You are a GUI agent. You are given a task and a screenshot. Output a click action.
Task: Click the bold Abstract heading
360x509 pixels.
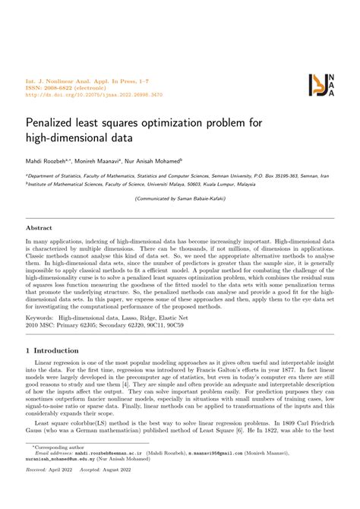(x=39, y=206)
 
